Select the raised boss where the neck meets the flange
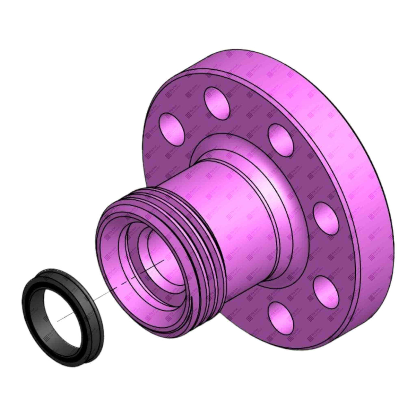pos(274,194)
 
